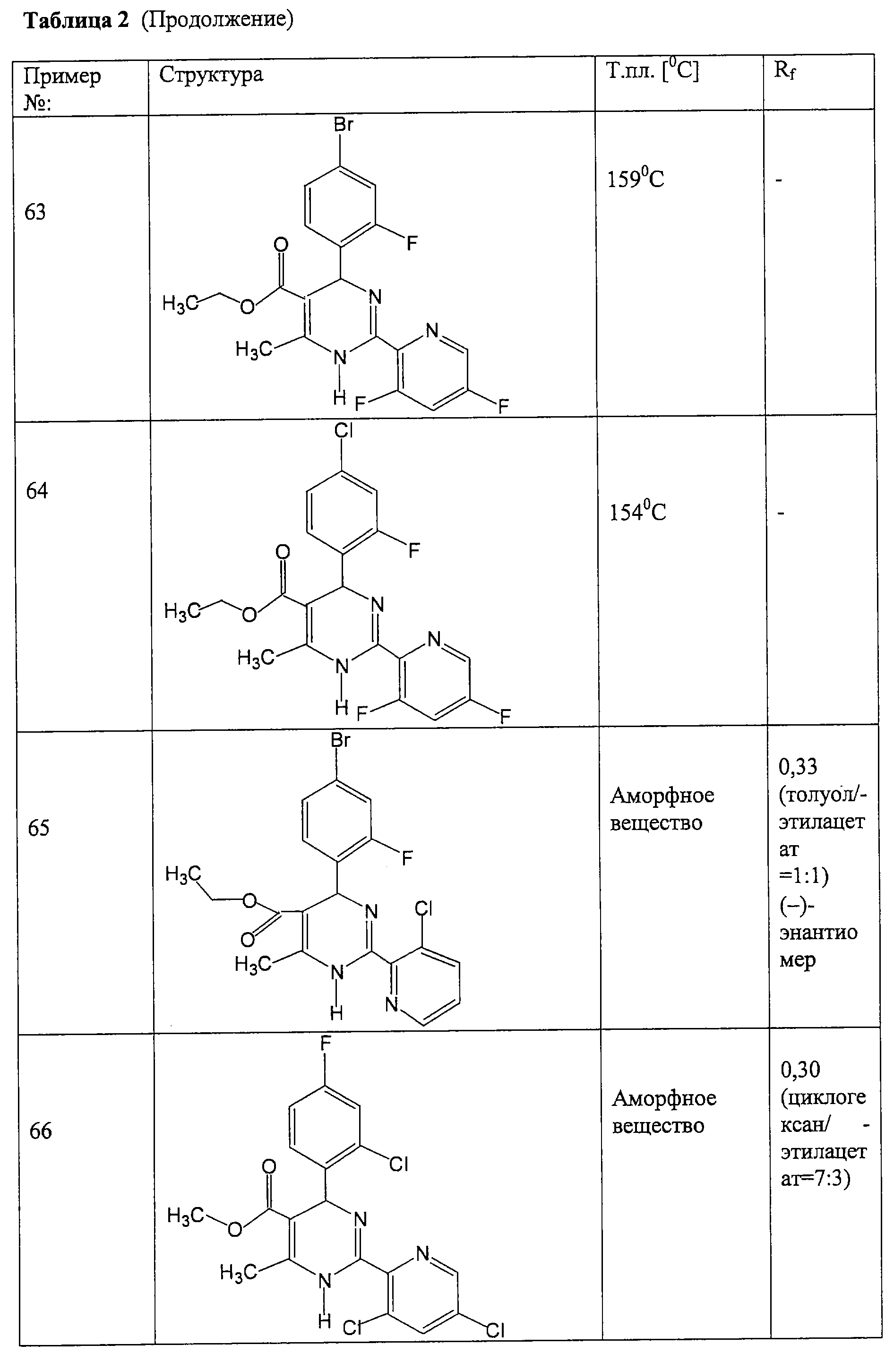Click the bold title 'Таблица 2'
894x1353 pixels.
[77, 21]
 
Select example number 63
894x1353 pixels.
[35, 212]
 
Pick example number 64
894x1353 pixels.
[37, 491]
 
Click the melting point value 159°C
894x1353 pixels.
[635, 179]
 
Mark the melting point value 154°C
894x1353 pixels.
[637, 511]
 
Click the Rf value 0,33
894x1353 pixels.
[798, 767]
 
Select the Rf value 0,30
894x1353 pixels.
[800, 1070]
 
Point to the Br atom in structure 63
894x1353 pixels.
[344, 124]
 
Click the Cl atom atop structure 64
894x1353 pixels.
[344, 431]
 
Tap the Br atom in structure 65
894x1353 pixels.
[340, 740]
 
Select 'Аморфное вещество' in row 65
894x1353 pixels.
[662, 809]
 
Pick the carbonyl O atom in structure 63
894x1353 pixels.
[281, 245]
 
